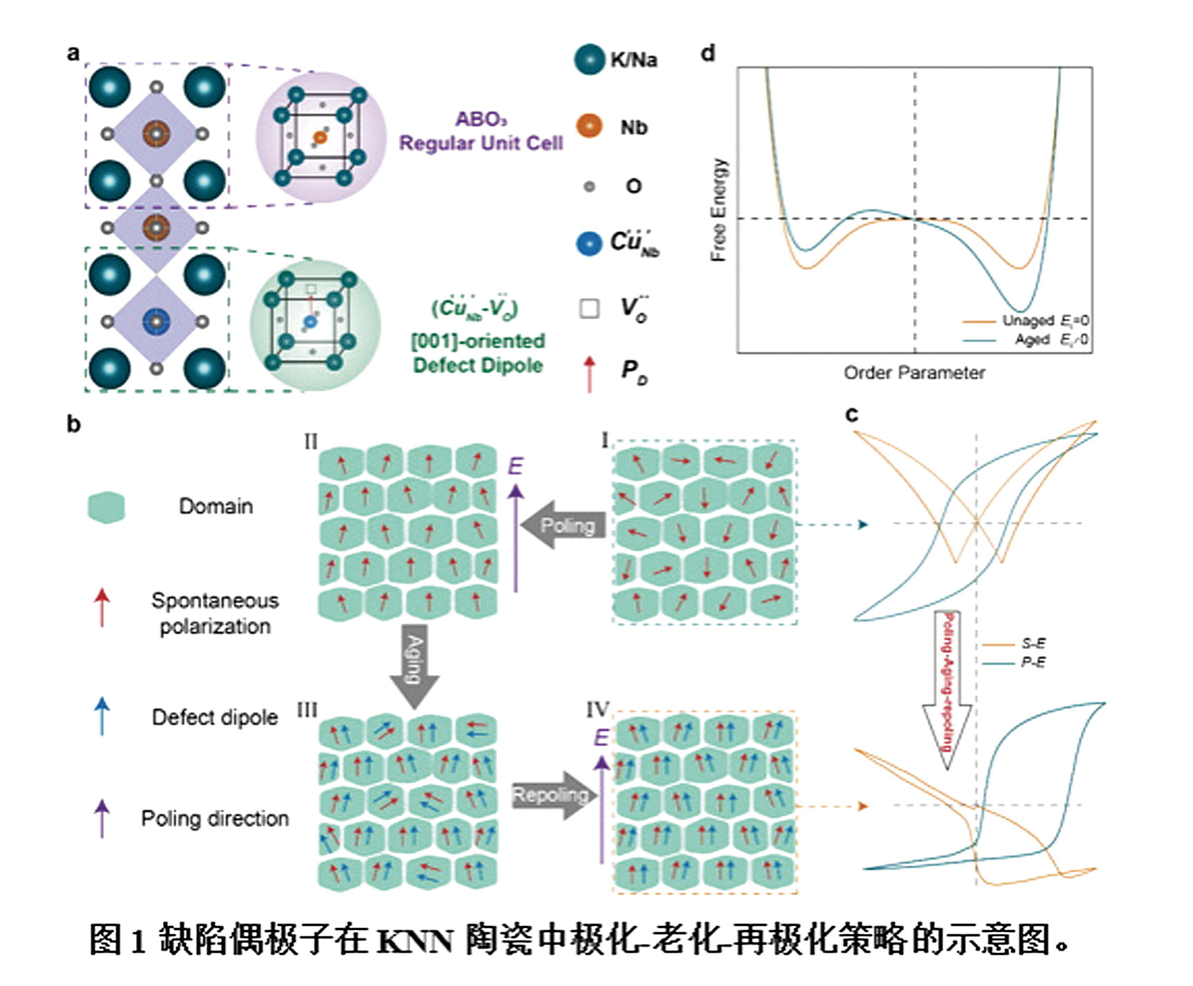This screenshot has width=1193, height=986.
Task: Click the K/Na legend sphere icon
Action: coord(589,59)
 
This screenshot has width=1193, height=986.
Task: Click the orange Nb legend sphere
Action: coord(589,126)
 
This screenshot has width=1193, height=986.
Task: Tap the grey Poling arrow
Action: coord(563,525)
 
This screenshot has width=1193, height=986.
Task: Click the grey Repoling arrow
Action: coord(550,795)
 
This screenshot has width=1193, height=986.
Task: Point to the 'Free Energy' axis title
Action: coord(719,210)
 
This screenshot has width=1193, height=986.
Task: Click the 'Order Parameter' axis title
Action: coord(914,373)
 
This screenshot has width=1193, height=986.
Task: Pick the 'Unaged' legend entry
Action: coord(1027,320)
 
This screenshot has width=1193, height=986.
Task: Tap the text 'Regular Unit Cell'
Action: coord(481,144)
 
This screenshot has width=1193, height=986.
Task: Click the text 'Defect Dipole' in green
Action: coord(478,365)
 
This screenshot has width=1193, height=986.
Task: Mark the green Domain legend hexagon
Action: coord(106,507)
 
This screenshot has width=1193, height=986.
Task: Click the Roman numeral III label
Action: coord(307,710)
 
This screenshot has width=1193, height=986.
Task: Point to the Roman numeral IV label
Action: coord(598,710)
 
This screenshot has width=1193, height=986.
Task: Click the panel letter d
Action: coord(708,53)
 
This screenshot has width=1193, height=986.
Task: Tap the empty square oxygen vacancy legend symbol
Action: coord(589,308)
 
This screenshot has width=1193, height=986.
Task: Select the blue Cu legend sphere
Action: coord(589,243)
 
